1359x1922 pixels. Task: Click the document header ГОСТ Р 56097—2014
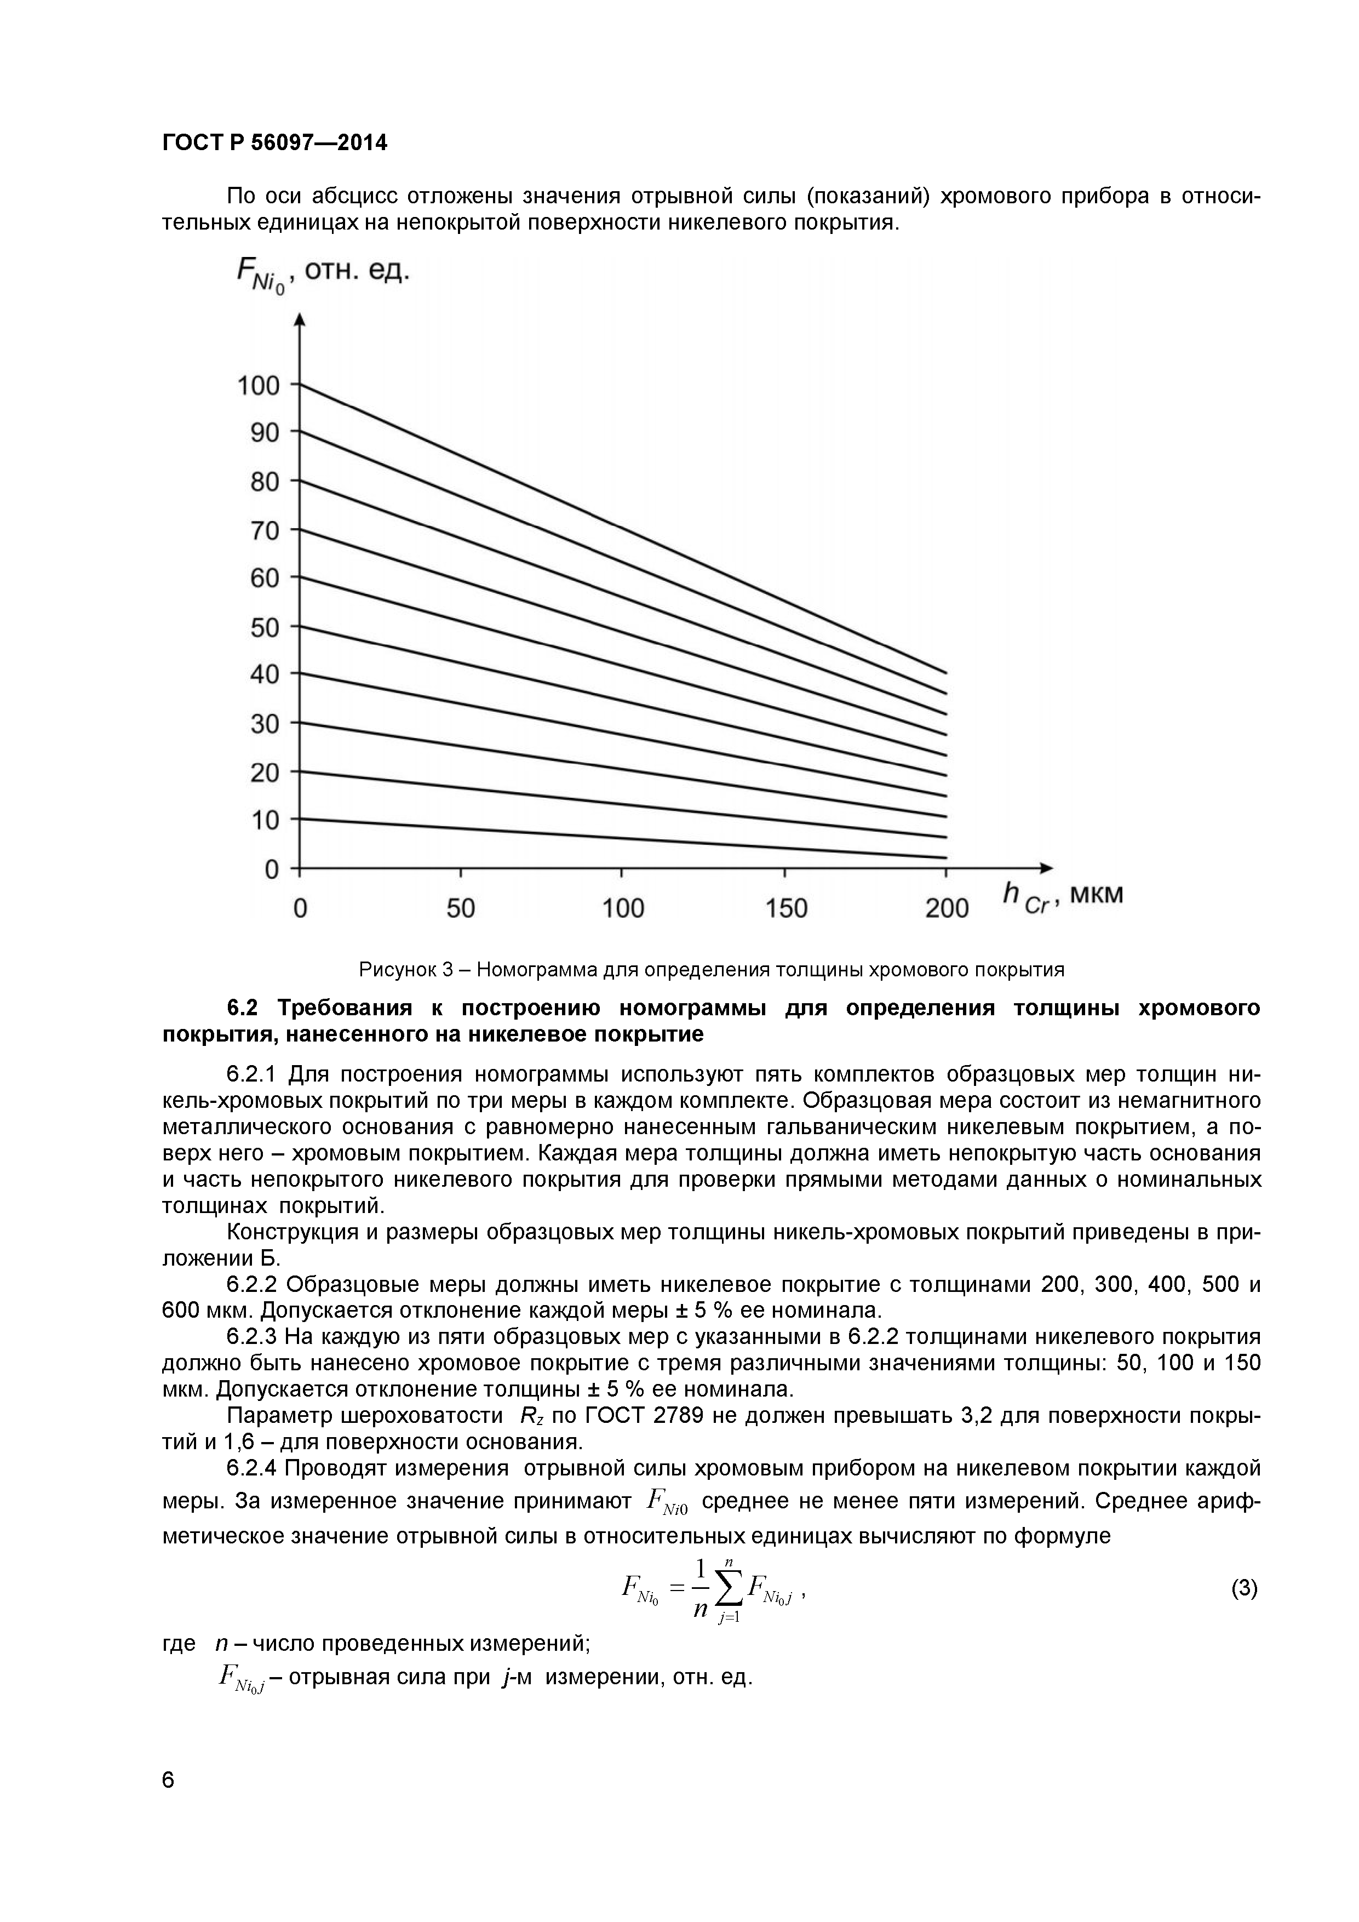click(x=274, y=143)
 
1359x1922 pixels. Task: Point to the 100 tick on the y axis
click(x=259, y=386)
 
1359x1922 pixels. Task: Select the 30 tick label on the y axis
click(x=265, y=723)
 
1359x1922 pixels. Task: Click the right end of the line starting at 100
click(x=945, y=672)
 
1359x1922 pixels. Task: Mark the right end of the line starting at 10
click(x=945, y=857)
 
